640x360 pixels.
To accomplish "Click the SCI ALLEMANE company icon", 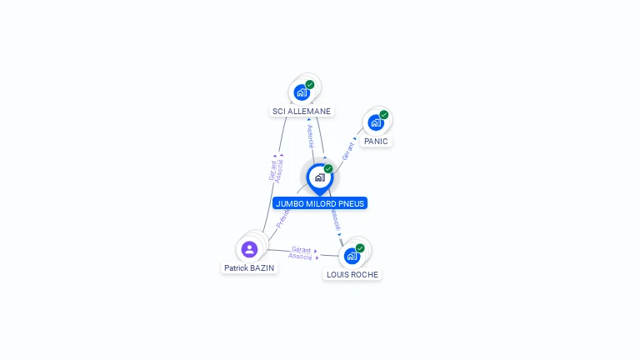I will tap(302, 92).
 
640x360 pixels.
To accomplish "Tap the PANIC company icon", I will tap(376, 122).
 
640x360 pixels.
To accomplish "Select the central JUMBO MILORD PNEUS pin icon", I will tap(319, 177).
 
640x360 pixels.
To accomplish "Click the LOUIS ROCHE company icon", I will tap(352, 256).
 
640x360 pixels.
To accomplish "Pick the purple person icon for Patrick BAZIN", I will tap(249, 248).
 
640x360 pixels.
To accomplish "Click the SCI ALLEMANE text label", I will tap(302, 111).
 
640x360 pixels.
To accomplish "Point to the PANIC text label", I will tap(376, 141).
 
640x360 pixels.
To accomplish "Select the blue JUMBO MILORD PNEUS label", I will tap(319, 203).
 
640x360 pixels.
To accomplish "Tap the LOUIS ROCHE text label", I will tap(352, 274).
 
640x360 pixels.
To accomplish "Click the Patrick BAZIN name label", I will tap(249, 267).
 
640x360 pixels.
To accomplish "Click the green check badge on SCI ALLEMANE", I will tap(310, 84).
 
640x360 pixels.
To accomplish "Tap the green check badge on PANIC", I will tap(384, 114).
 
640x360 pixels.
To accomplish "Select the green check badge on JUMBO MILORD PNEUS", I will tap(328, 168).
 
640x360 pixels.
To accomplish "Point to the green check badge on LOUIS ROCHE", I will tap(360, 247).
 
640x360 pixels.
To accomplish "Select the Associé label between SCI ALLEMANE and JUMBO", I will tap(310, 136).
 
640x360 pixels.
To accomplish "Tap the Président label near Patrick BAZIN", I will tap(282, 218).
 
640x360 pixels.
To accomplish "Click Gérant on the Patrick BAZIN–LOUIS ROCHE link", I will tap(301, 249).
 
